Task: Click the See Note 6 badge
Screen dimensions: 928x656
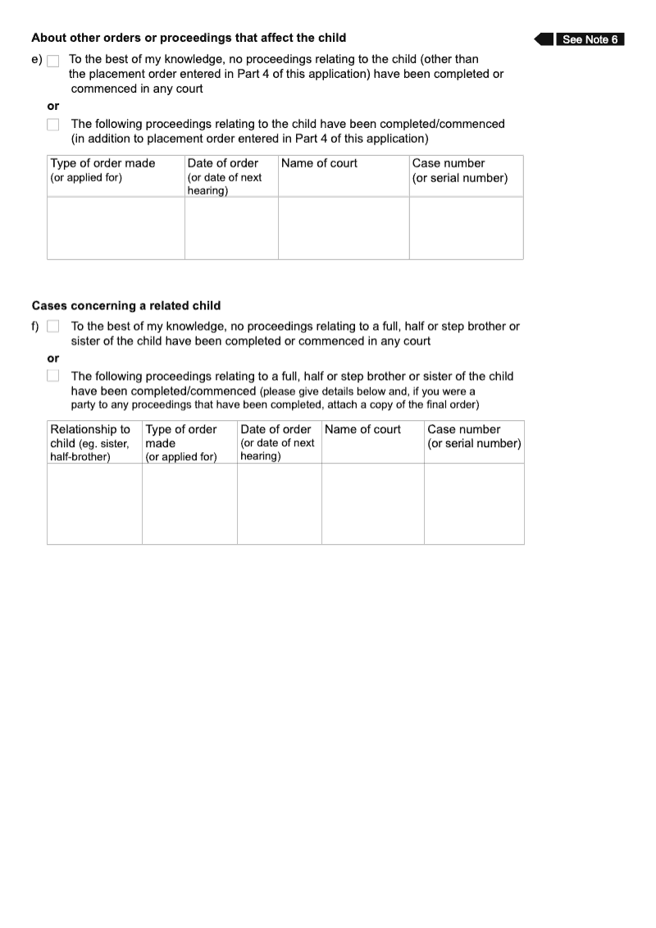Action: pyautogui.click(x=590, y=39)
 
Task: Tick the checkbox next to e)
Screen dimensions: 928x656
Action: pyautogui.click(x=53, y=61)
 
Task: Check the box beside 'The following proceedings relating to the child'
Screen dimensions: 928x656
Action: pyautogui.click(x=53, y=125)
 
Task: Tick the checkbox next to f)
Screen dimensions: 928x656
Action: pyautogui.click(x=53, y=327)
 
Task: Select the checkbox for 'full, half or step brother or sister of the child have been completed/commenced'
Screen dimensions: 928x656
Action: pyautogui.click(x=53, y=376)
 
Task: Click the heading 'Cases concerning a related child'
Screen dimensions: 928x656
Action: pyautogui.click(x=126, y=306)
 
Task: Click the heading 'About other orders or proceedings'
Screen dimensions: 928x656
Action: pyautogui.click(x=189, y=38)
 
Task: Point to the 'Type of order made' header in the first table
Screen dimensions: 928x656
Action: pyautogui.click(x=102, y=163)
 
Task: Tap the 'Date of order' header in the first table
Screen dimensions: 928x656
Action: pyautogui.click(x=222, y=163)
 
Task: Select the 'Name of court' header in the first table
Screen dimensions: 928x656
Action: pyautogui.click(x=319, y=163)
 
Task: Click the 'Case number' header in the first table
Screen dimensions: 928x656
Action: pyautogui.click(x=448, y=163)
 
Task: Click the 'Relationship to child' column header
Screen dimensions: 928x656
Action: pyautogui.click(x=90, y=429)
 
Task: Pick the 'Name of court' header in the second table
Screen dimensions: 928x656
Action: pyautogui.click(x=363, y=429)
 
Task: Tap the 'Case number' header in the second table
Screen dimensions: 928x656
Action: pyautogui.click(x=463, y=429)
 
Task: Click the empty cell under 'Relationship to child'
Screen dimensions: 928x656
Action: pyautogui.click(x=94, y=503)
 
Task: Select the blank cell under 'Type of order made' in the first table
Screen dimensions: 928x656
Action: pyautogui.click(x=116, y=227)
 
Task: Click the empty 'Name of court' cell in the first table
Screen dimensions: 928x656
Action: pyautogui.click(x=344, y=227)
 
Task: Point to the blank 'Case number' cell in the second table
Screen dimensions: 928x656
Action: pyautogui.click(x=474, y=503)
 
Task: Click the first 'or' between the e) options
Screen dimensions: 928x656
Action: pyautogui.click(x=53, y=106)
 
